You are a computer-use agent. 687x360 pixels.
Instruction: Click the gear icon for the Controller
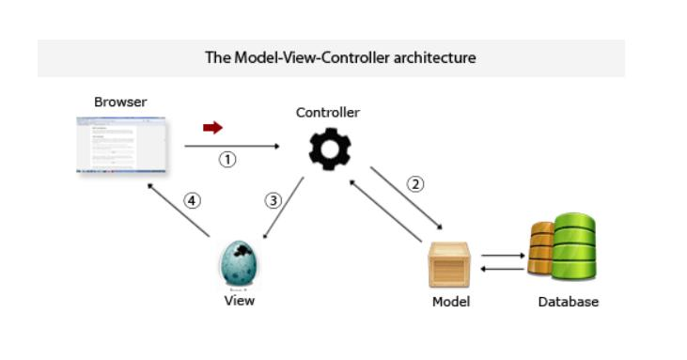click(330, 149)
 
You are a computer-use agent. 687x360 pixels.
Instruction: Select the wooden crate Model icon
click(450, 264)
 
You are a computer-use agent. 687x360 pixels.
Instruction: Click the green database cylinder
click(574, 247)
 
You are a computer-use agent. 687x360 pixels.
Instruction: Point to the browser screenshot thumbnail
click(120, 145)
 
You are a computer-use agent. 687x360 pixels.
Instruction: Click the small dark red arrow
click(212, 128)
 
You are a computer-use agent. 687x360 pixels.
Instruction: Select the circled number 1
click(227, 160)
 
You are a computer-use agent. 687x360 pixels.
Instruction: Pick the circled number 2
click(415, 184)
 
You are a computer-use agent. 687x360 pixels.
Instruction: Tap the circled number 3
click(273, 200)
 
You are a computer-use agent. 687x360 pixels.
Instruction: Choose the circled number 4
click(192, 200)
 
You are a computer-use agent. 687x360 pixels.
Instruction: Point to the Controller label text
click(328, 113)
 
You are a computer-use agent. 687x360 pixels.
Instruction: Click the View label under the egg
click(239, 301)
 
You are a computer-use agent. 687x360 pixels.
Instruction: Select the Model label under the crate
click(450, 302)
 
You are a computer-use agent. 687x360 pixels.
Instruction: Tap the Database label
click(568, 302)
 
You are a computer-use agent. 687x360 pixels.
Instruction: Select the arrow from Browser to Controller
click(232, 147)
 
